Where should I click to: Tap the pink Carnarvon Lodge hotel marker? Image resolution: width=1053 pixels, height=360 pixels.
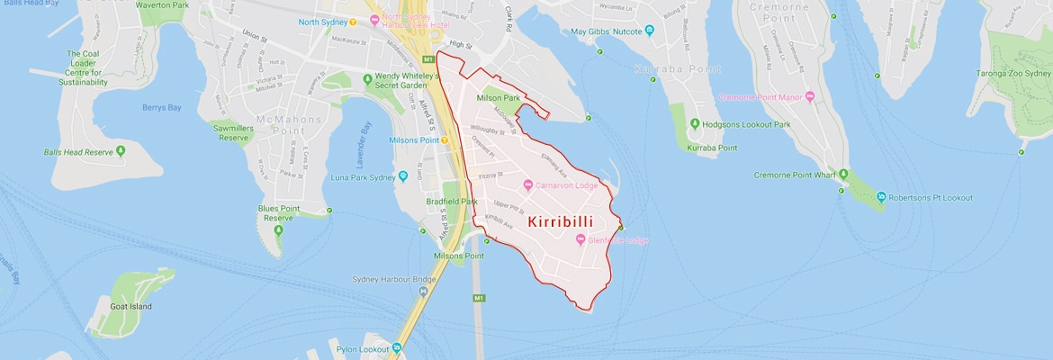[x=527, y=185]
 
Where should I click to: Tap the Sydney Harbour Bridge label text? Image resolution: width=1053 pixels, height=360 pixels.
[x=393, y=279]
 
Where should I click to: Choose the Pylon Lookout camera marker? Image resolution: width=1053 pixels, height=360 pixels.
[x=397, y=347]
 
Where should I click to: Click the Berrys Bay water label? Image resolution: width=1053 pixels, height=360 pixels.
[x=162, y=107]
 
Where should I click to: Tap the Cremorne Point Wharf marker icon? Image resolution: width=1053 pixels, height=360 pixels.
[x=843, y=174]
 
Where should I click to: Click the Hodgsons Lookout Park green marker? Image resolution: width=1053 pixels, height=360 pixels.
[x=695, y=124]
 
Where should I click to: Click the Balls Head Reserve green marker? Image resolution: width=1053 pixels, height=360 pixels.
[x=121, y=152]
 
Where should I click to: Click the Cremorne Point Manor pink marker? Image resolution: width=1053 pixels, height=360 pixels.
[x=809, y=96]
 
